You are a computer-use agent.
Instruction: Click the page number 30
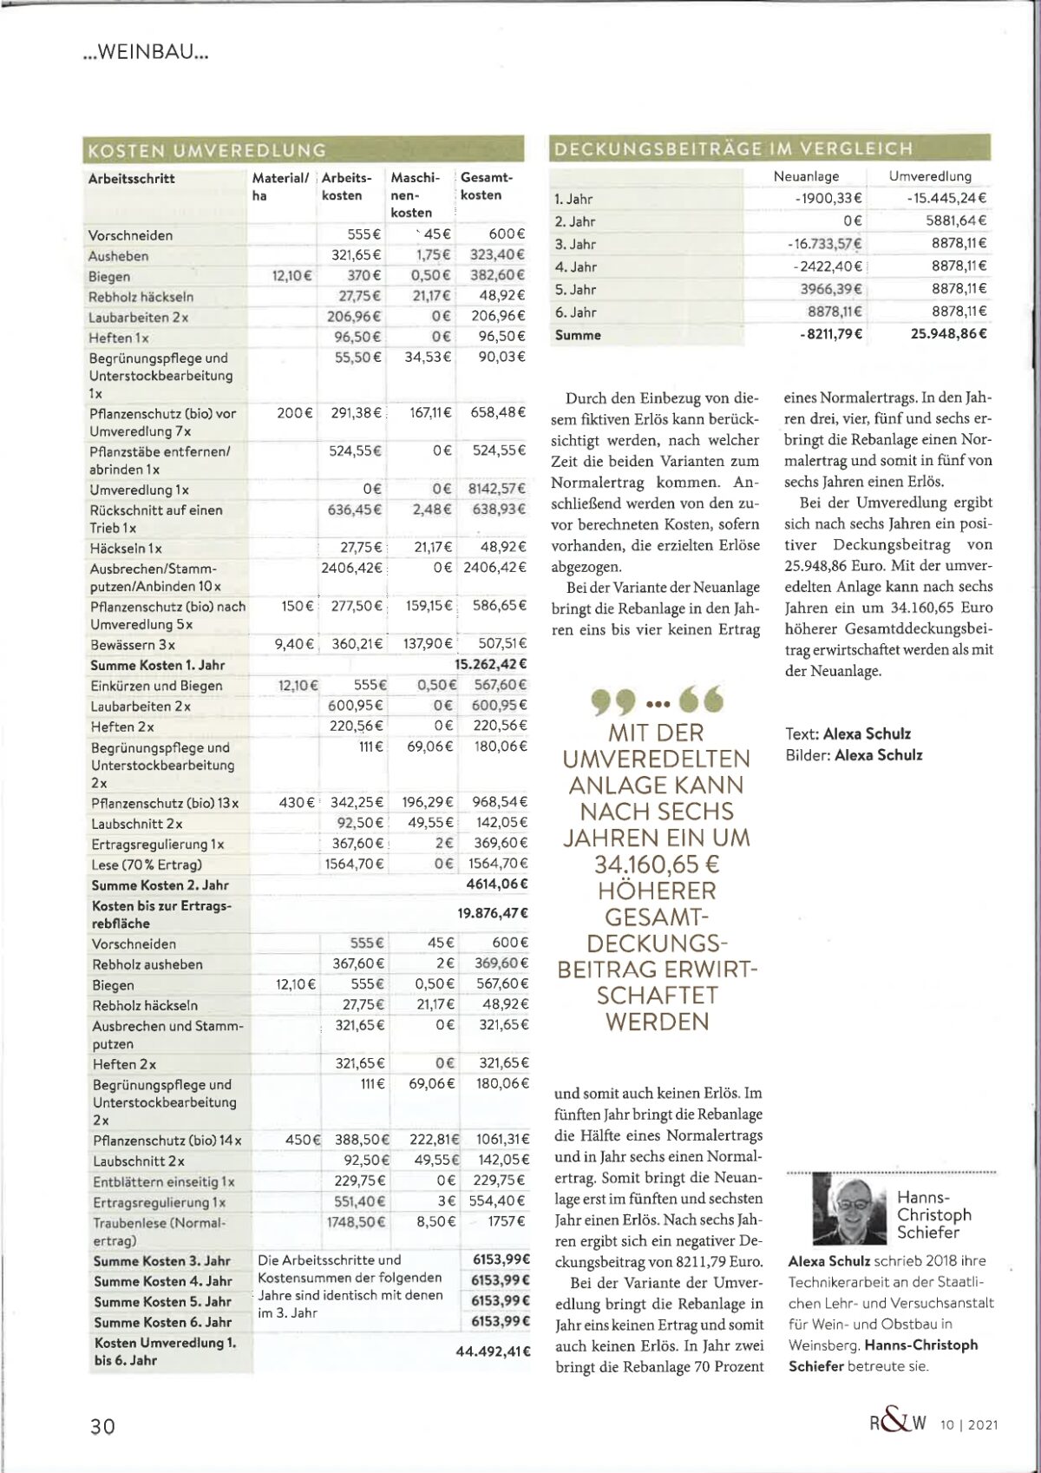102,1425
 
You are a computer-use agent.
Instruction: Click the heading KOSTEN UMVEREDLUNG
207,150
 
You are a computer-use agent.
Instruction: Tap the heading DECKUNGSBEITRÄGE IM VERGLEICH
734,148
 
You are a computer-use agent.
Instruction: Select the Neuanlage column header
806,176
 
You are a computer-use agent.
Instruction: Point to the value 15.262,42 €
490,665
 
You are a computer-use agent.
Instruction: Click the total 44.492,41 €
493,1351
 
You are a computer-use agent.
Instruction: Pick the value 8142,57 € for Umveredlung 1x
496,489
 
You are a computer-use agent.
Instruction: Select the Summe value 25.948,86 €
948,334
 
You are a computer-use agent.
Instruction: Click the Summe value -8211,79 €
830,334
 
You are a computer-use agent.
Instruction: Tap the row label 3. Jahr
575,245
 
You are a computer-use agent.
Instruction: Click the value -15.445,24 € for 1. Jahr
946,199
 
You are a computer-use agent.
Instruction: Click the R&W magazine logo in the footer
898,1424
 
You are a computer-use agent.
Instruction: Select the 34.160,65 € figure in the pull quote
657,865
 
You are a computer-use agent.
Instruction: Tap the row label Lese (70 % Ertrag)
147,865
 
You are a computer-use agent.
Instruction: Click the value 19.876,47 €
492,913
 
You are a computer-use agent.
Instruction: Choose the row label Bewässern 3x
133,645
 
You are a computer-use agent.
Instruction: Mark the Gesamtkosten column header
486,186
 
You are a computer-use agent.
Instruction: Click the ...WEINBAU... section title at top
146,52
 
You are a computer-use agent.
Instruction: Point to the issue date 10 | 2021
969,1424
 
